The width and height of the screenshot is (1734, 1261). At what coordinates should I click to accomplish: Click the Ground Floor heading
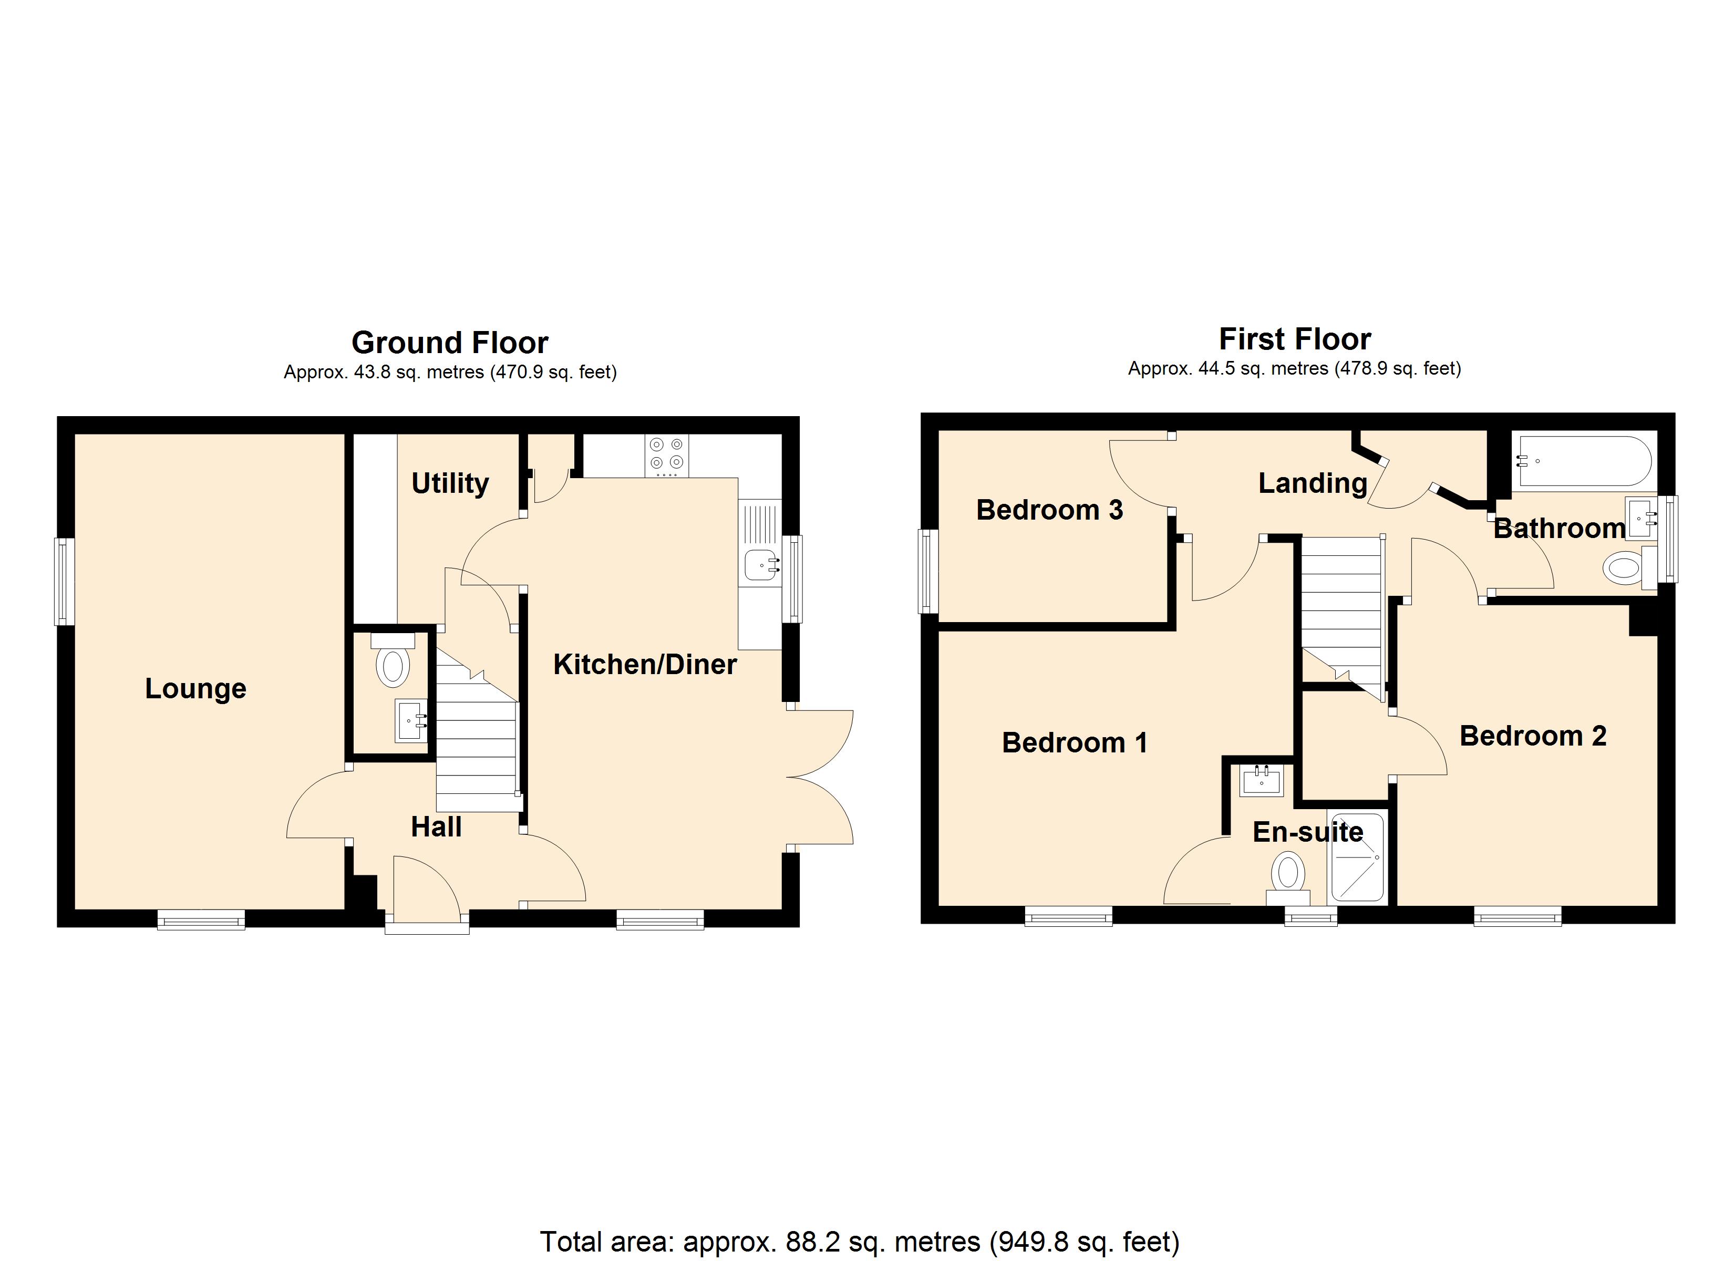pyautogui.click(x=450, y=343)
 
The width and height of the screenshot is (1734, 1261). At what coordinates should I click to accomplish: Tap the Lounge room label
pyautogui.click(x=195, y=688)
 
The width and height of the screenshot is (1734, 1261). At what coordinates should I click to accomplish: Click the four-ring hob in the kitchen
pyautogui.click(x=666, y=455)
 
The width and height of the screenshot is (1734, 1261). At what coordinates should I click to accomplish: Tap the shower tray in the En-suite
pyautogui.click(x=1357, y=858)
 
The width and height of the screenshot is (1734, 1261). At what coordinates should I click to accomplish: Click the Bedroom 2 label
pyautogui.click(x=1532, y=736)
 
